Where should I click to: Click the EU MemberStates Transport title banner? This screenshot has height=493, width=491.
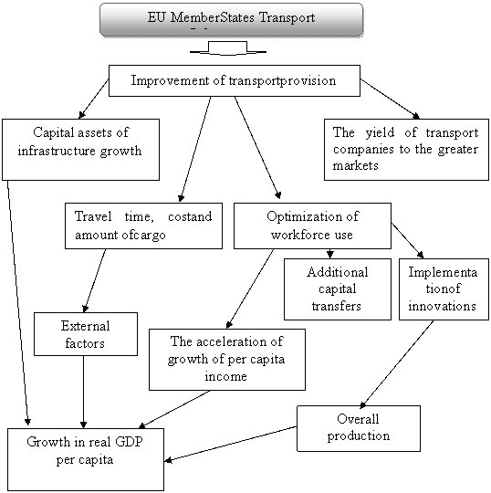tap(232, 20)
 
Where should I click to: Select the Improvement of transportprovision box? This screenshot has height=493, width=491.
tap(235, 81)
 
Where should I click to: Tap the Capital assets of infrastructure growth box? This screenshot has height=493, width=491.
tap(81, 150)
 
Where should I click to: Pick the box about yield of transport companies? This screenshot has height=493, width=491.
tap(406, 150)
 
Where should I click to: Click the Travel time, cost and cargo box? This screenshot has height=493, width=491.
tap(143, 226)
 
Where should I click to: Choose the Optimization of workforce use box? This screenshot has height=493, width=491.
tap(312, 226)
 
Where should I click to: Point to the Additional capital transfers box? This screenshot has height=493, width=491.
tap(338, 289)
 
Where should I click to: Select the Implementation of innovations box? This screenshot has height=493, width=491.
tap(444, 289)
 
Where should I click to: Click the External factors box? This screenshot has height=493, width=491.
tap(86, 334)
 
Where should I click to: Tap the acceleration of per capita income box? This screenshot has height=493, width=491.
tap(227, 360)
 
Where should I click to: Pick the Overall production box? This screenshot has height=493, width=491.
tap(359, 428)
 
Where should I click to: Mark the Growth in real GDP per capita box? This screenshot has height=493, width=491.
tap(86, 459)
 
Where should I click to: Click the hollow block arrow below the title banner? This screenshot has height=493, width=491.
tap(228, 48)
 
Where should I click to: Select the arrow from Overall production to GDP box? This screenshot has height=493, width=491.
tap(231, 444)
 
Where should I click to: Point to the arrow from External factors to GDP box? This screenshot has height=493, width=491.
tap(83, 392)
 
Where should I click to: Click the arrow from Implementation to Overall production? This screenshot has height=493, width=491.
tap(397, 364)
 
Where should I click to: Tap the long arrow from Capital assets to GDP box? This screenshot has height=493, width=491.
tap(18, 303)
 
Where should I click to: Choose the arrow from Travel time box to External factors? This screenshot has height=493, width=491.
tap(95, 280)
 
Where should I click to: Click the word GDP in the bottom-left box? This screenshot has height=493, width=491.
tap(130, 442)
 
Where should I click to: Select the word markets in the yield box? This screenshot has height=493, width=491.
tap(356, 165)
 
